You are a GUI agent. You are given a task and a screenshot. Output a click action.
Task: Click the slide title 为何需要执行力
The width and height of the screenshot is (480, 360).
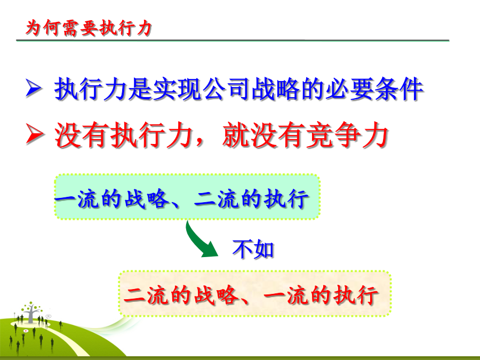pos(89,28)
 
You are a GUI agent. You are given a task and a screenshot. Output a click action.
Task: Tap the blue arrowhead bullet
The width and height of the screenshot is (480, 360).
pos(33,88)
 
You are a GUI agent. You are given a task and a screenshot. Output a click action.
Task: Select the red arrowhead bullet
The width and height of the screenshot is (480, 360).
pos(34,133)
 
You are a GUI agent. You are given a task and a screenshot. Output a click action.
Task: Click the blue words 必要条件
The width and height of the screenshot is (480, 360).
pos(374,89)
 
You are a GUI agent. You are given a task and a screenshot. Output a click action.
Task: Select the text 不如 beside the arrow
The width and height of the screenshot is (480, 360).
pos(253,249)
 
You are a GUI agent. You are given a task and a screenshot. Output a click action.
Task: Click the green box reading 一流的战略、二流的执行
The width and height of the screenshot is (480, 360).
pos(187,196)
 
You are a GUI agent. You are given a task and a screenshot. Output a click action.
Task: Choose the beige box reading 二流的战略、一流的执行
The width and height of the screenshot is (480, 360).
pos(255,293)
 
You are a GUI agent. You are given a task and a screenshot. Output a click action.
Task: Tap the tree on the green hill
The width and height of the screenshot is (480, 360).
pos(31,311)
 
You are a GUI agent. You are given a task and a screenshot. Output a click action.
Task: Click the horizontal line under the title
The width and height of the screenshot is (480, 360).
pos(233,41)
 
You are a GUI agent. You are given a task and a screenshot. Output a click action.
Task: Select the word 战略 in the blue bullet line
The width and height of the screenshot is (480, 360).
pos(276,89)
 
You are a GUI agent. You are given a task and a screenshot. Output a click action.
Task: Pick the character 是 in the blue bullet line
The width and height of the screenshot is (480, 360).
pos(140,89)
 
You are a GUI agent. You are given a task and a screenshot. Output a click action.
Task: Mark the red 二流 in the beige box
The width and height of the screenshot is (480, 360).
pos(146,295)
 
